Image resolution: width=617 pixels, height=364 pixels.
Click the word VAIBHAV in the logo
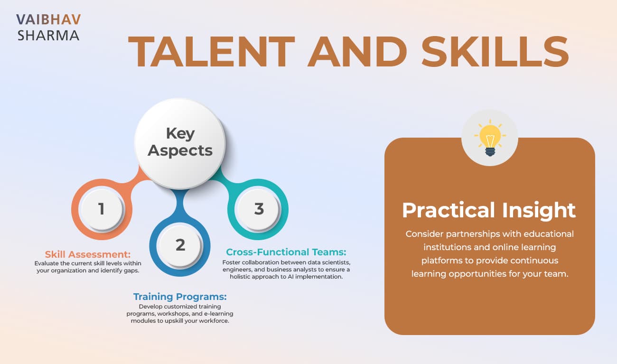(48, 19)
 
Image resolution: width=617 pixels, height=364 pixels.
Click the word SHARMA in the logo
(48, 36)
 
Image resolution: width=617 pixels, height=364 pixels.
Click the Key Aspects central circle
(180, 142)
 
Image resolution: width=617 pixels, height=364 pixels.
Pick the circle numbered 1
(101, 209)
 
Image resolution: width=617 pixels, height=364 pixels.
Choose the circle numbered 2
(180, 245)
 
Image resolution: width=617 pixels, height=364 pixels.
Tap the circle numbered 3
(259, 209)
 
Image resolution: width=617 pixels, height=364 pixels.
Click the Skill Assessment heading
(88, 254)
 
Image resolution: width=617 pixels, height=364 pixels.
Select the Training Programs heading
(180, 297)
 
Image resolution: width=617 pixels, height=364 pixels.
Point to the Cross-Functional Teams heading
(286, 252)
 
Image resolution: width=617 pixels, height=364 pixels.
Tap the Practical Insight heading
(489, 210)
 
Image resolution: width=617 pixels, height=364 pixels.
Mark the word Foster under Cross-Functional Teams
(233, 262)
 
